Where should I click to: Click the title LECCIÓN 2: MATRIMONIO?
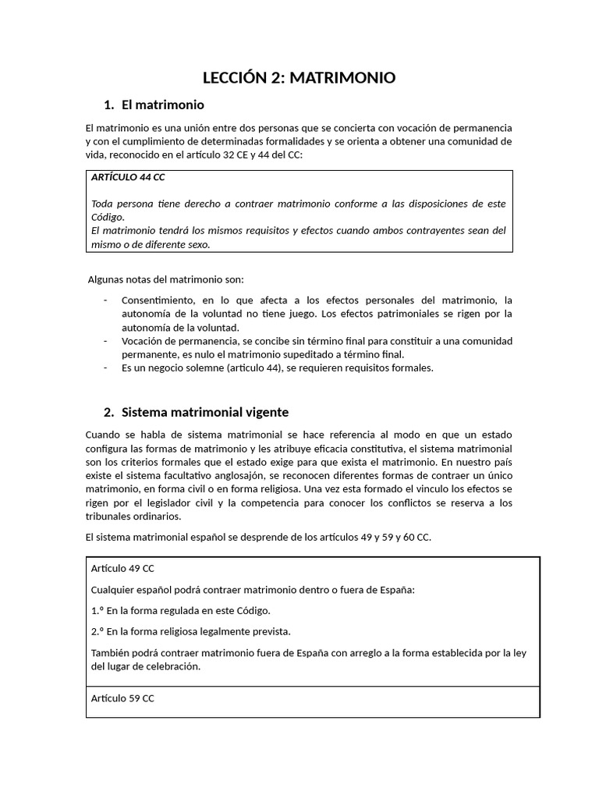click(299, 77)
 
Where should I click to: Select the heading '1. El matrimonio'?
click(154, 105)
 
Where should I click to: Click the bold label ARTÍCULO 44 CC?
click(128, 177)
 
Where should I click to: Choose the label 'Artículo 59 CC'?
click(122, 698)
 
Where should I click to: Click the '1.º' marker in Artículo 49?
click(97, 610)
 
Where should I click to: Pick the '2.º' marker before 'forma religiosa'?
click(97, 631)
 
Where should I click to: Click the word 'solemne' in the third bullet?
click(200, 368)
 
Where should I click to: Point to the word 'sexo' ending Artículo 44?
click(200, 244)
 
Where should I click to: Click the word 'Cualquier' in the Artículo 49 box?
click(113, 589)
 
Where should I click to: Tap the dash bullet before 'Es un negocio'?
click(105, 368)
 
